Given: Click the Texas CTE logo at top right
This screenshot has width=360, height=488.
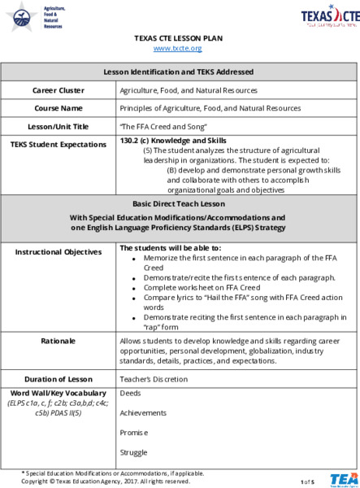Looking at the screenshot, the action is click(x=329, y=16).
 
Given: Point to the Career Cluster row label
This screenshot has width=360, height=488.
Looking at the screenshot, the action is click(x=59, y=90).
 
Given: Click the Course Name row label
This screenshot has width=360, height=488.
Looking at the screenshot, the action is click(x=59, y=107).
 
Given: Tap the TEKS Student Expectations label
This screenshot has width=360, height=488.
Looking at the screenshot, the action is click(x=59, y=144).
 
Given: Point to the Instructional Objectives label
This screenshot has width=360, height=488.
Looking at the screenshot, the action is click(x=59, y=251).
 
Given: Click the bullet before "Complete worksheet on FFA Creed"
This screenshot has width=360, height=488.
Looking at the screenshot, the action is click(x=134, y=288).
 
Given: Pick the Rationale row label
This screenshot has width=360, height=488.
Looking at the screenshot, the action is click(x=59, y=340).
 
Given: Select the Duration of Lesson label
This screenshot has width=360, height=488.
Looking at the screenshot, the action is click(x=59, y=378).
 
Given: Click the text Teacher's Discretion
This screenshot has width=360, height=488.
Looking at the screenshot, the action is click(x=153, y=378).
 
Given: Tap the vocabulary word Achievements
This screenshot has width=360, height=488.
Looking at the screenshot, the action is click(x=142, y=412).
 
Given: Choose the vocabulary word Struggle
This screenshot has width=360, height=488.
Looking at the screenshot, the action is click(x=134, y=451).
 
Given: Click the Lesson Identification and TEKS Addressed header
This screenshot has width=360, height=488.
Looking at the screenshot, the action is click(x=180, y=72).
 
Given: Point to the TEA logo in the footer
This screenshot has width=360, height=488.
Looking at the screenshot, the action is click(x=341, y=479).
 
